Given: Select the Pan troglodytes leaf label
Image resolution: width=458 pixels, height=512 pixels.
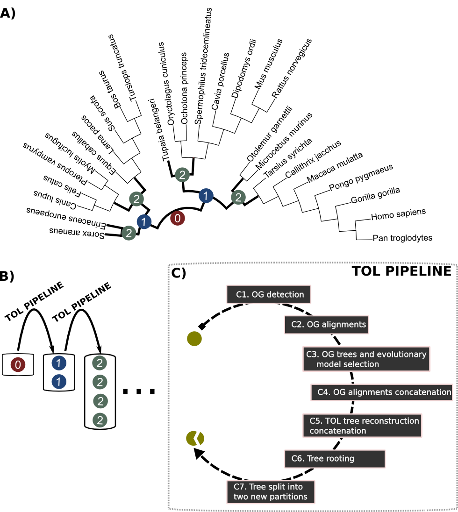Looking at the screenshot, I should [x=402, y=238].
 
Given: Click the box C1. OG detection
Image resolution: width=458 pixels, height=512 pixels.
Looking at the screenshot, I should [x=270, y=295].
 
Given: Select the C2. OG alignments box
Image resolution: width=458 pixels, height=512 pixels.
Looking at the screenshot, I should [x=327, y=325].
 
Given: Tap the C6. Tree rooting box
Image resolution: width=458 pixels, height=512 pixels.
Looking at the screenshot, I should [x=335, y=459].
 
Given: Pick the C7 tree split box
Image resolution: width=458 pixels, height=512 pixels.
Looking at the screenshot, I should [x=270, y=492].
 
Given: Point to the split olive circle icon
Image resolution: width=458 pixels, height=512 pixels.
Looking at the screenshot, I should [x=195, y=438].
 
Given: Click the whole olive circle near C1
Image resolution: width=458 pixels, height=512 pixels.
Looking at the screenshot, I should [x=194, y=339].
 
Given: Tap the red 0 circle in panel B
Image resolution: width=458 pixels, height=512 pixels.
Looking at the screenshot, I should [x=18, y=364].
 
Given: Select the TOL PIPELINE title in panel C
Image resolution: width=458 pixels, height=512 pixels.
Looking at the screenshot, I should [x=401, y=271].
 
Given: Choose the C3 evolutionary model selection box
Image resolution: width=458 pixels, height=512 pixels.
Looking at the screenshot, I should [x=366, y=359].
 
